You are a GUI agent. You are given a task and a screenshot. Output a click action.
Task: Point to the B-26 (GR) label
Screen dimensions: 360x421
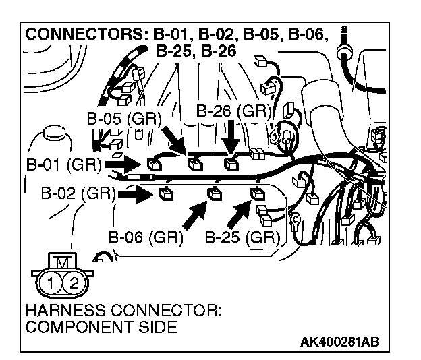point(233,110)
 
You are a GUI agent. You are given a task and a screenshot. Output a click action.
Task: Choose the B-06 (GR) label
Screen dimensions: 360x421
point(145,237)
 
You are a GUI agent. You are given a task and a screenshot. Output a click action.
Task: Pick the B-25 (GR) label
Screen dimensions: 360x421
point(242,237)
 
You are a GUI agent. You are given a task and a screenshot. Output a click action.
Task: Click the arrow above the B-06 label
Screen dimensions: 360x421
point(196,214)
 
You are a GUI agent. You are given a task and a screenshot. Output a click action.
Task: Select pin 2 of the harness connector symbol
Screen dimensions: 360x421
point(74,282)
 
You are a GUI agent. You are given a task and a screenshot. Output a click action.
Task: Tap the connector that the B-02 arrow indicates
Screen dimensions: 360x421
point(164,196)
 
